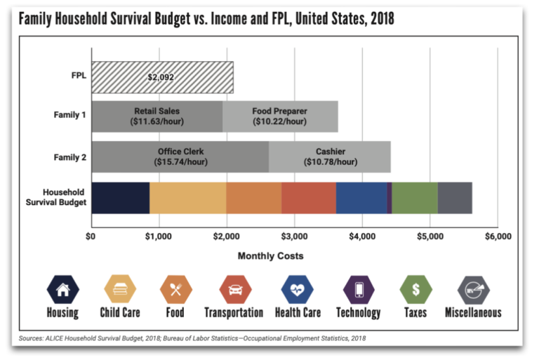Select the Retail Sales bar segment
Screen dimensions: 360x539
click(157, 116)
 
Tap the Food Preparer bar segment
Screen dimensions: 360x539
click(280, 116)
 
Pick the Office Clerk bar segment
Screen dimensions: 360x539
click(180, 156)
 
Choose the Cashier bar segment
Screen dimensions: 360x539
click(330, 156)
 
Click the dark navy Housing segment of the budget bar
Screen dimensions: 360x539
click(120, 197)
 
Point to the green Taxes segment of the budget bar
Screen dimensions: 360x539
click(414, 197)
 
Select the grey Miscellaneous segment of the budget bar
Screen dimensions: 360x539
click(455, 197)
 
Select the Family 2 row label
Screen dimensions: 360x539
click(69, 156)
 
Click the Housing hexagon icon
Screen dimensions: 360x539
click(62, 288)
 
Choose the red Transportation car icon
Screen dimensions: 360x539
click(234, 288)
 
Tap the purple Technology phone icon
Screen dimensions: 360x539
click(358, 288)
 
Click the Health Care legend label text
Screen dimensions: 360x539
click(298, 312)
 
